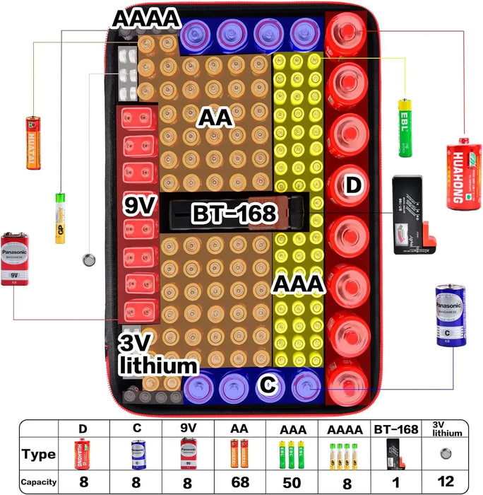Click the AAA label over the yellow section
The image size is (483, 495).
pyautogui.click(x=299, y=284)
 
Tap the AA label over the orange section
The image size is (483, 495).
pyautogui.click(x=215, y=117)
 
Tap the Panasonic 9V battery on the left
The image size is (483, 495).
pyautogui.click(x=18, y=257)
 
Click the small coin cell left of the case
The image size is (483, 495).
pyautogui.click(x=89, y=260)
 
